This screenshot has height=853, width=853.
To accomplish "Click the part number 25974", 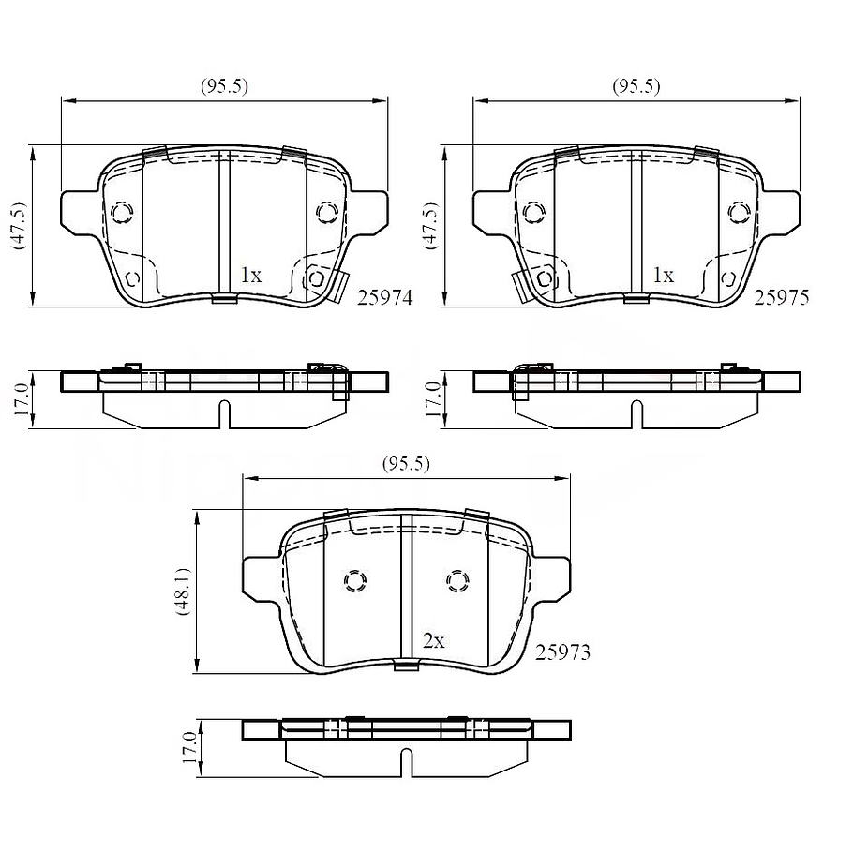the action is [x=384, y=297].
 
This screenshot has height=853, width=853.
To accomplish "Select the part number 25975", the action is [x=782, y=297].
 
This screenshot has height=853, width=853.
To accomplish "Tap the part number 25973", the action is [x=562, y=651].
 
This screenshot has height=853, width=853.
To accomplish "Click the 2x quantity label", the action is [x=434, y=641].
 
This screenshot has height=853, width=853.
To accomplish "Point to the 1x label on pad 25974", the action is [x=251, y=276].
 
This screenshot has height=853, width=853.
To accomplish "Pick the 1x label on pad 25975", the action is [x=663, y=276].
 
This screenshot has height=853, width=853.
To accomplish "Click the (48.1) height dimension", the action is [x=184, y=591].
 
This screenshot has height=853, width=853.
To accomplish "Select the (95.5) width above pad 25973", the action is [x=406, y=464].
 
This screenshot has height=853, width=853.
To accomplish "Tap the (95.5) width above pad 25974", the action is [x=224, y=86].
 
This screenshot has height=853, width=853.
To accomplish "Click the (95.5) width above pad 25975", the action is [x=636, y=86].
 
